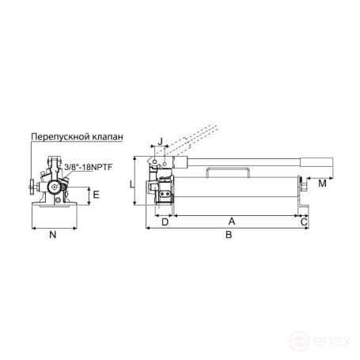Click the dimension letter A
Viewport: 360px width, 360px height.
(232, 222)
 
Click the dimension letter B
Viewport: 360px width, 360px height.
(229, 235)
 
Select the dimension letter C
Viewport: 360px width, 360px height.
(305, 222)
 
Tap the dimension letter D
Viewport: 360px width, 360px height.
(165, 222)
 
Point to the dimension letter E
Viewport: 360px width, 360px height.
(96, 194)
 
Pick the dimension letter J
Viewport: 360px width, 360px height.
(161, 142)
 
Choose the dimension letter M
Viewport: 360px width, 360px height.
(322, 184)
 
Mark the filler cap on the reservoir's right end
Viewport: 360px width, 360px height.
(302, 188)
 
